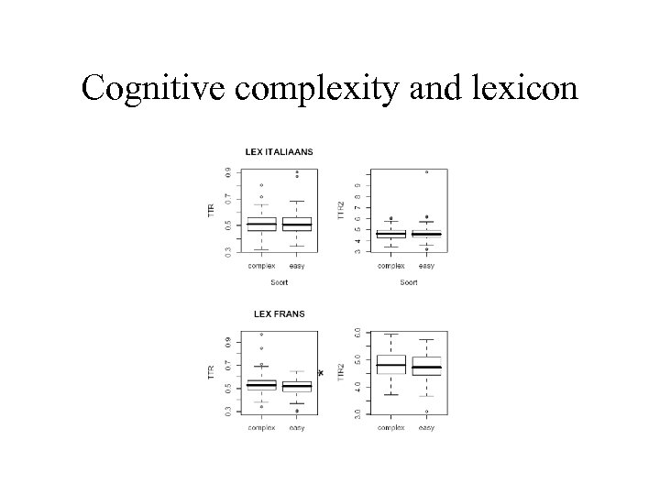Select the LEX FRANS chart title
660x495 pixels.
[280, 313]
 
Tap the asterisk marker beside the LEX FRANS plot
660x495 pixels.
[321, 372]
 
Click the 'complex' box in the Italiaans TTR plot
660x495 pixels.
[261, 224]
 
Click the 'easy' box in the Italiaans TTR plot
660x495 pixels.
[297, 224]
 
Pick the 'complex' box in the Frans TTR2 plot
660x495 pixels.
[391, 364]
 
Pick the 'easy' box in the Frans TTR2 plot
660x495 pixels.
[426, 366]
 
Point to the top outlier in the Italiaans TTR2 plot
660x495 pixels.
[426, 171]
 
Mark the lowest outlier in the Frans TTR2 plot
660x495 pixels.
[426, 412]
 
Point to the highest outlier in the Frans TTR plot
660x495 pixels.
[261, 335]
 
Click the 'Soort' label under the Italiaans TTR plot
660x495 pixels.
[279, 282]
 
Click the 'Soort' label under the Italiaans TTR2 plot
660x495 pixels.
[409, 282]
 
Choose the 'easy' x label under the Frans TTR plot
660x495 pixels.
[297, 428]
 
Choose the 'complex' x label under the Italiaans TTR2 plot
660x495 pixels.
[391, 266]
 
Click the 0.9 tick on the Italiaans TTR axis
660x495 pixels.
[227, 171]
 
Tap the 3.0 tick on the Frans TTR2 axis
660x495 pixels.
[356, 413]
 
